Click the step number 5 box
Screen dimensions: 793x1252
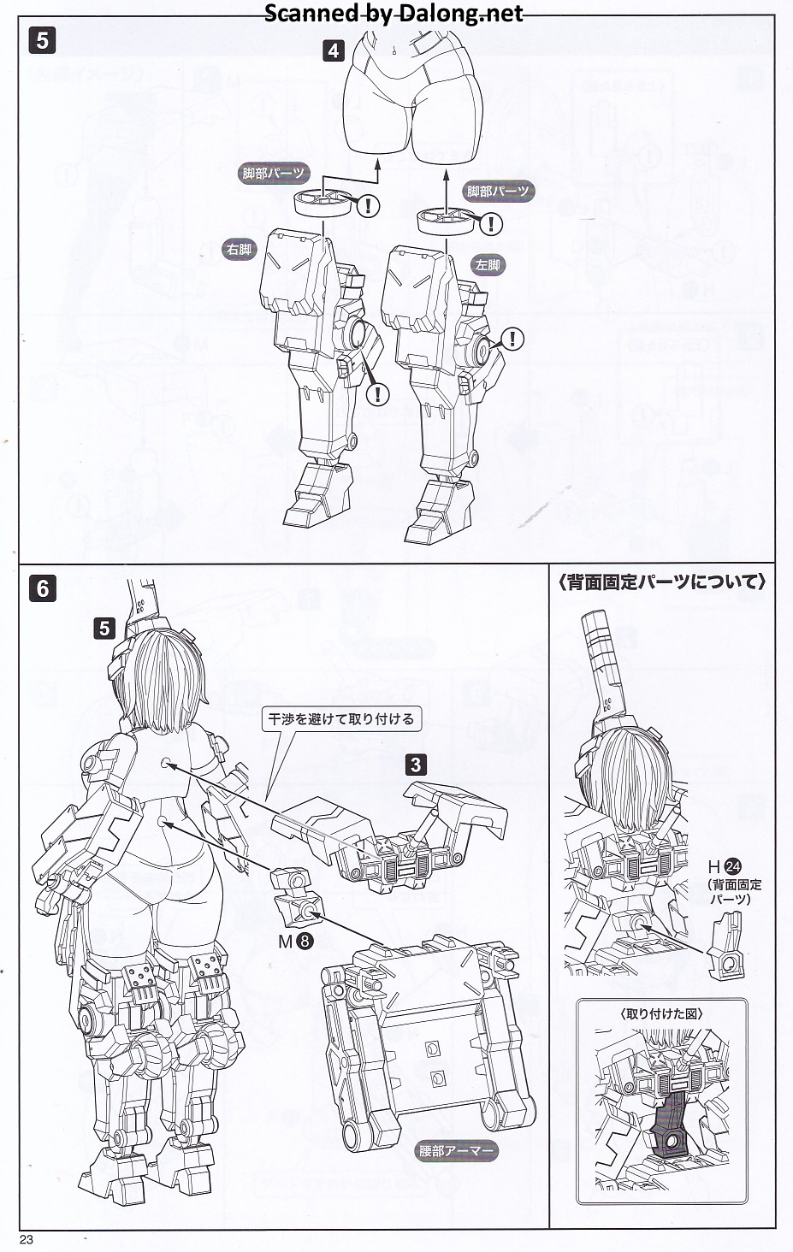43,40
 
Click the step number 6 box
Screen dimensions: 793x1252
43,589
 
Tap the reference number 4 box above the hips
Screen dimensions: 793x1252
334,50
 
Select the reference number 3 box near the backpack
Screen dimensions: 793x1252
416,765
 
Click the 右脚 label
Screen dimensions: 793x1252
239,249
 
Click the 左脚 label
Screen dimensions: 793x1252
488,265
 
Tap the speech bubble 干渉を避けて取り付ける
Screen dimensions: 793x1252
341,719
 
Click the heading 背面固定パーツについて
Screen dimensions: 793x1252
662,582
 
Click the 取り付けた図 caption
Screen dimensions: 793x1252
661,1013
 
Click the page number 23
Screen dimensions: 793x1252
27,1239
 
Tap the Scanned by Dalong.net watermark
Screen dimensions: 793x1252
394,14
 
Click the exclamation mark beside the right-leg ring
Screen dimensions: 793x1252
368,206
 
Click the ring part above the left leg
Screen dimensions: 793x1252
446,221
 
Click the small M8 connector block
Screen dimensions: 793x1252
295,899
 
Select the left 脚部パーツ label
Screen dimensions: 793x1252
273,174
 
